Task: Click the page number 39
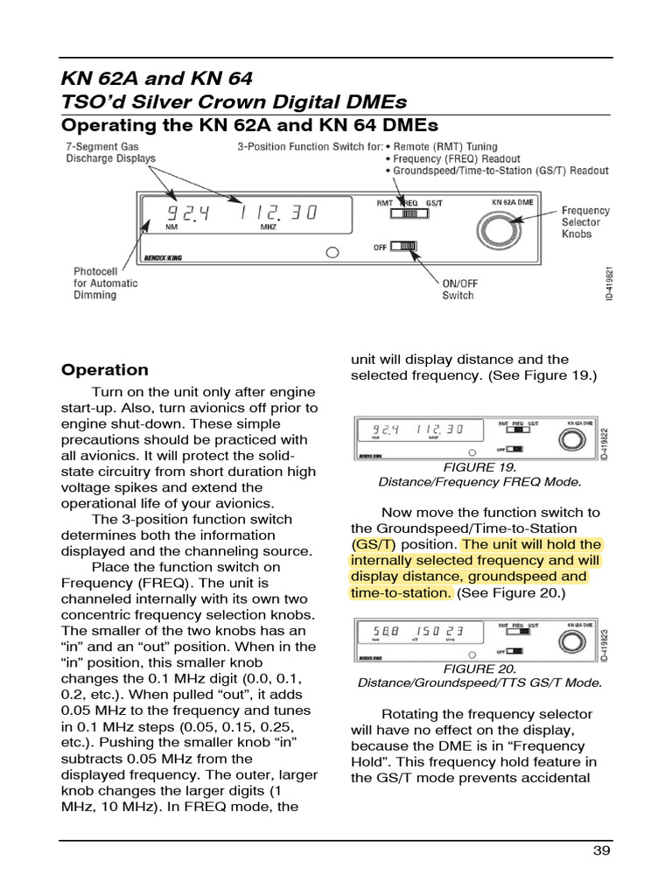click(x=602, y=851)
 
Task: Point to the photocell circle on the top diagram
click(x=332, y=254)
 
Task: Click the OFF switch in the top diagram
click(x=405, y=247)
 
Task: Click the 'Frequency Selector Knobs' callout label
click(x=584, y=222)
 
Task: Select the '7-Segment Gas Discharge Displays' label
click(x=110, y=153)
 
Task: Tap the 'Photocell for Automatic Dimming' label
click(x=106, y=283)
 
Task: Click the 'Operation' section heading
click(x=104, y=369)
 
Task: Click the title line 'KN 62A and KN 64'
click(x=157, y=78)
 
